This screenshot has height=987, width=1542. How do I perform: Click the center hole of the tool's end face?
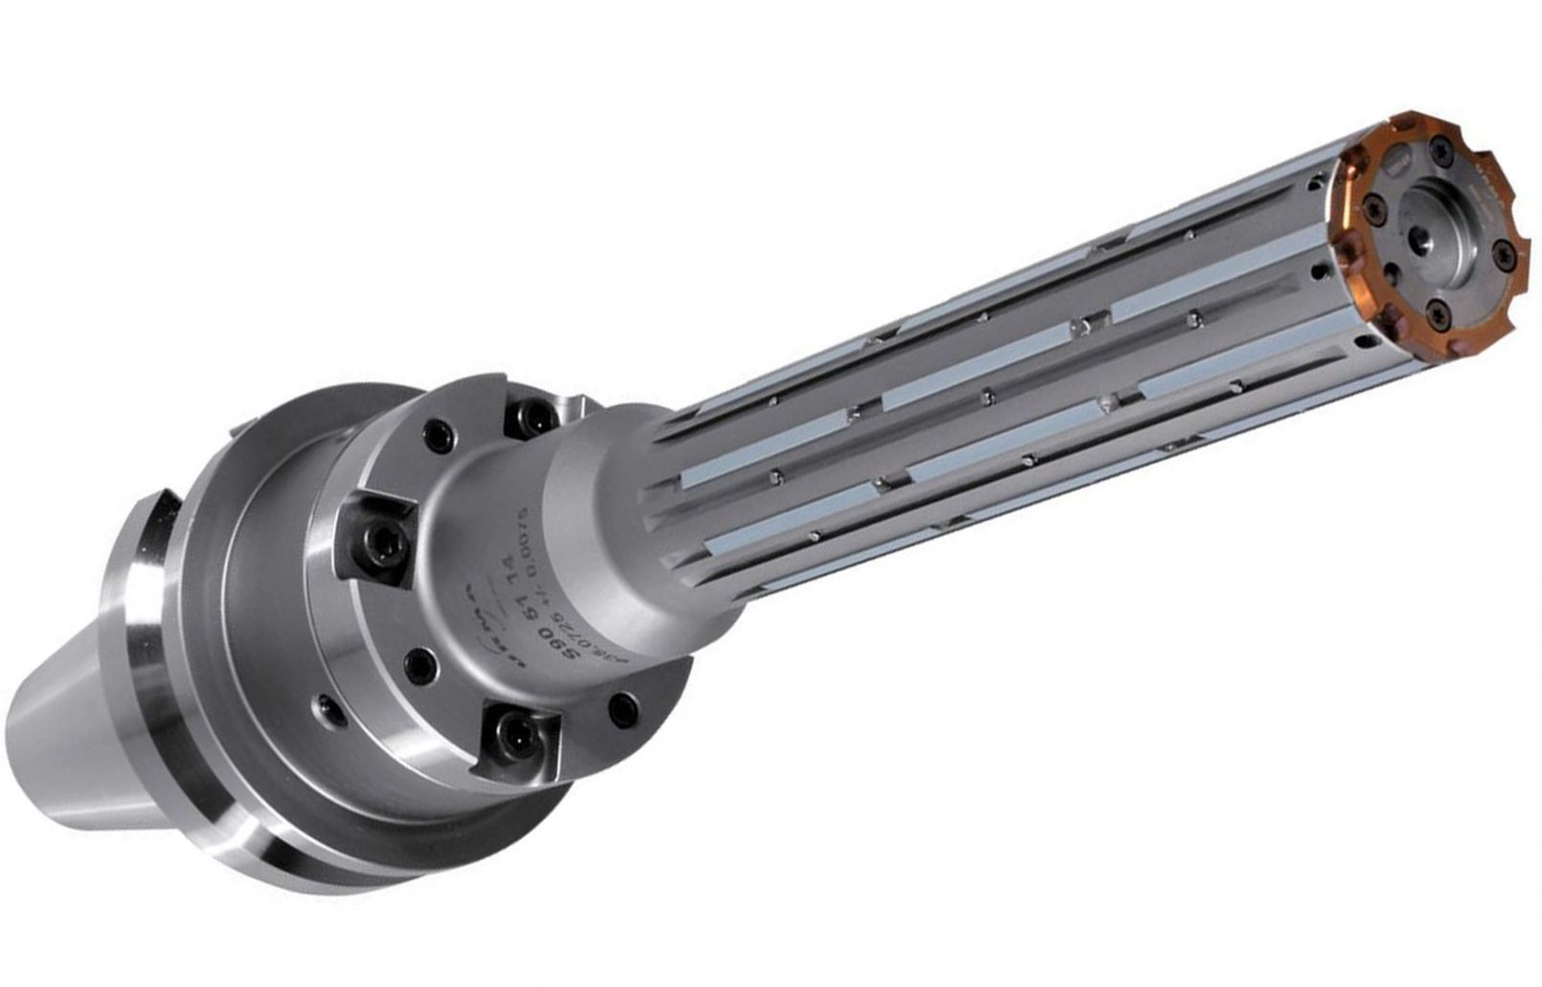[1419, 241]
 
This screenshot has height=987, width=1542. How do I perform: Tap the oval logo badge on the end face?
[1397, 160]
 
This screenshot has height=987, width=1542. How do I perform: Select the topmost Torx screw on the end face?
[1441, 151]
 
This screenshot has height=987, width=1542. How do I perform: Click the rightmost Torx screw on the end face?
[1505, 256]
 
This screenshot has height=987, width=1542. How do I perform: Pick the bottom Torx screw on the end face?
[1439, 315]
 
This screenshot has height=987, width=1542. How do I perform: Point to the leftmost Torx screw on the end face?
[1374, 210]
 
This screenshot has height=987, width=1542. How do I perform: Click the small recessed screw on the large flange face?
[330, 710]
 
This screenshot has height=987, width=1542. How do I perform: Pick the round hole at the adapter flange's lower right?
[624, 710]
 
